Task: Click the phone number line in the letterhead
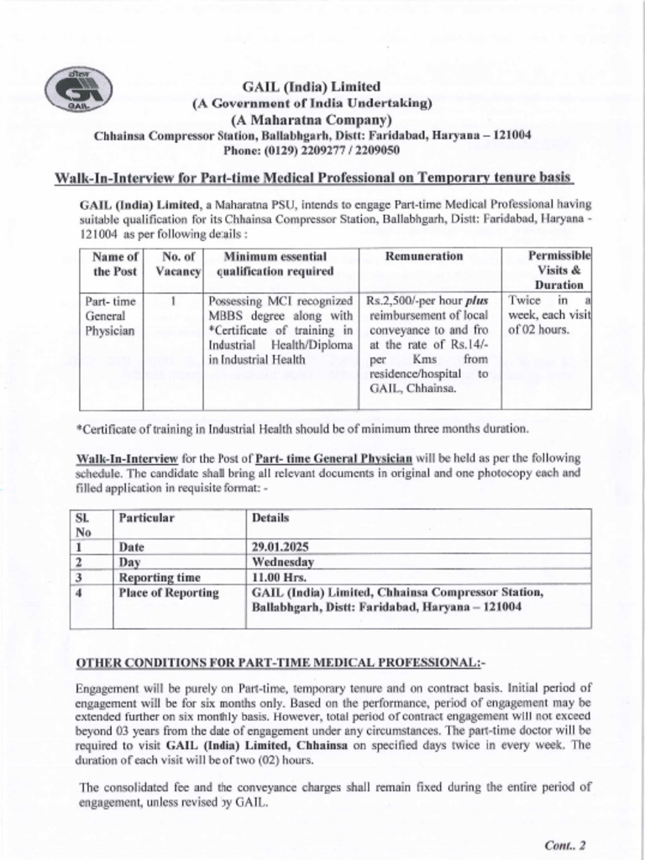[x=312, y=151]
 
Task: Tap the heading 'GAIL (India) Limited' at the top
[x=312, y=87]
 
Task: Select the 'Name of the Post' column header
[x=115, y=264]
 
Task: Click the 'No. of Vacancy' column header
[x=178, y=264]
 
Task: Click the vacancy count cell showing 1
[x=172, y=301]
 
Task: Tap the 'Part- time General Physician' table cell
[x=109, y=315]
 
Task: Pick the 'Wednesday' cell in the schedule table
[x=283, y=562]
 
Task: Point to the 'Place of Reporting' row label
[x=168, y=593]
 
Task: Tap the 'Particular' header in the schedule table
[x=146, y=518]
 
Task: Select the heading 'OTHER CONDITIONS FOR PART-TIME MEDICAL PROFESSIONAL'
[x=281, y=663]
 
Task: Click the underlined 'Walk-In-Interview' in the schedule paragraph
[x=126, y=458]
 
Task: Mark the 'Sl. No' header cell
[x=82, y=525]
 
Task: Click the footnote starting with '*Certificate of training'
[x=302, y=429]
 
